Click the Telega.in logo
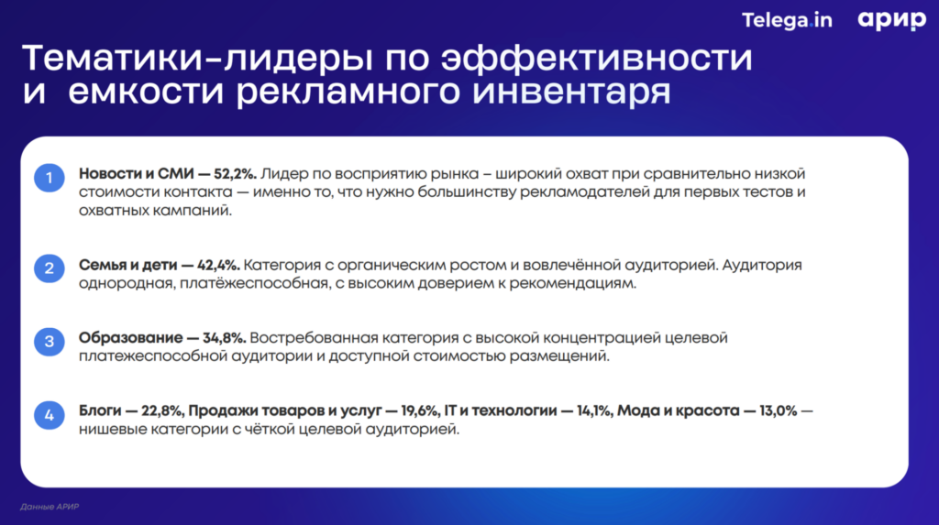(x=786, y=20)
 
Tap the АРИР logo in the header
(x=892, y=20)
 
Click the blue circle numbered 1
(x=49, y=177)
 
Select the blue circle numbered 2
(x=49, y=268)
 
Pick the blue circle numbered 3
(x=49, y=342)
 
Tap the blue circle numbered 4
(x=49, y=415)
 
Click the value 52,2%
(x=236, y=173)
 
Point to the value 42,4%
(x=216, y=266)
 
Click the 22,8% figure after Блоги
(x=163, y=411)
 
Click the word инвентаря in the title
(x=574, y=93)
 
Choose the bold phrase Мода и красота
(x=678, y=411)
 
